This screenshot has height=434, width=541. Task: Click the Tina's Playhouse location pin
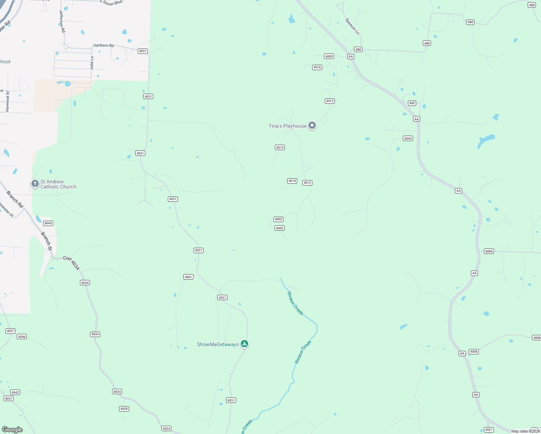[312, 125]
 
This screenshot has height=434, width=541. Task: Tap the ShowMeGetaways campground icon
[244, 344]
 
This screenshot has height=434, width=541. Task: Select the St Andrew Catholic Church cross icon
[35, 184]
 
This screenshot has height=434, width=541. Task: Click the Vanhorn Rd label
[103, 46]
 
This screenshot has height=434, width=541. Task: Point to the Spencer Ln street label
[352, 26]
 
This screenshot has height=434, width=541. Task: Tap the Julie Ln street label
[92, 63]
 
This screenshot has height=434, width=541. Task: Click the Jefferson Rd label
[62, 21]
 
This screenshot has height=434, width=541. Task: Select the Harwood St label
[8, 101]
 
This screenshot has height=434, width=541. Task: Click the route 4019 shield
[280, 148]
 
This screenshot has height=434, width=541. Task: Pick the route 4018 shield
[292, 181]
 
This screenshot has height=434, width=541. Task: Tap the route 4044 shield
[408, 139]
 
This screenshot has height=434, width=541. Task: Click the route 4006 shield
[489, 251]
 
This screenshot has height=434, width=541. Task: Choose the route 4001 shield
[188, 277]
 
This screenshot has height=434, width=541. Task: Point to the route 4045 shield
[48, 223]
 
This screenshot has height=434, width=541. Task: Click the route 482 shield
[412, 103]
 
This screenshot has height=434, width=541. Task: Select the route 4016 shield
[317, 67]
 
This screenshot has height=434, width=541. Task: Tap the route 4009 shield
[329, 56]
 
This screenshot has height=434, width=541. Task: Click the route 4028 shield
[124, 409]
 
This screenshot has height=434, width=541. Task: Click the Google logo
[12, 429]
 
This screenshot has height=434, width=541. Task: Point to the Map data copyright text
[525, 431]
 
